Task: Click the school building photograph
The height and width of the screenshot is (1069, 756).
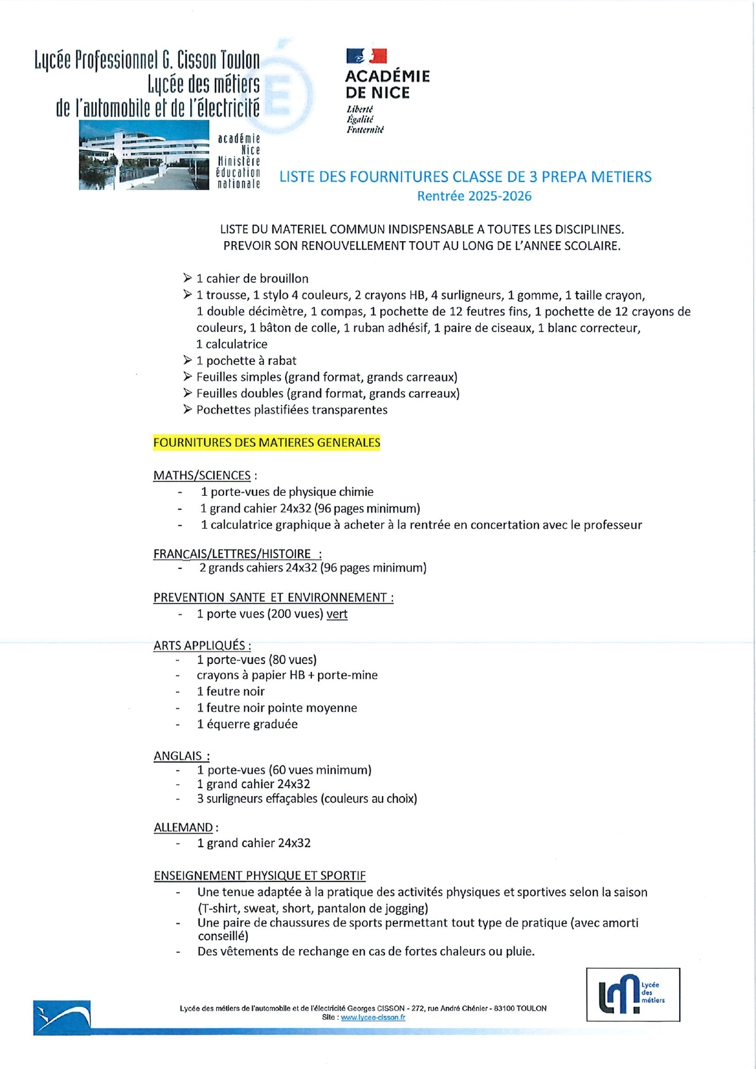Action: tap(144, 155)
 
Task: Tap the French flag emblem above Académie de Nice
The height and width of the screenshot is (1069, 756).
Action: tap(366, 56)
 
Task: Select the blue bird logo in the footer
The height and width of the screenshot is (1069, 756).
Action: tap(62, 1017)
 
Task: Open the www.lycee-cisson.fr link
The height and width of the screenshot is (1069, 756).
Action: tap(373, 1017)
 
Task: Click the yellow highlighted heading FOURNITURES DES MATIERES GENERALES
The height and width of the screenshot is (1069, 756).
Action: tap(266, 443)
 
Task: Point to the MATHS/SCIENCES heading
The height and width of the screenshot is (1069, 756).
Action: tap(202, 476)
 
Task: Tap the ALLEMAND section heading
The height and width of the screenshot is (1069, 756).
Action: tap(183, 827)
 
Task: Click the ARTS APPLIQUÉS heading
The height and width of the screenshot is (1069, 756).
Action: tap(202, 645)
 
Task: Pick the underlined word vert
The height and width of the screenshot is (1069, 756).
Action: tap(337, 614)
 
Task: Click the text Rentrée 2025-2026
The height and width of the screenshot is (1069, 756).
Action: tap(474, 196)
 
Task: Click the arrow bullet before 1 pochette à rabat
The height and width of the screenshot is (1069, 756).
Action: tap(187, 360)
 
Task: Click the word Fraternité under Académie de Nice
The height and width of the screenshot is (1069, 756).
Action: tap(365, 130)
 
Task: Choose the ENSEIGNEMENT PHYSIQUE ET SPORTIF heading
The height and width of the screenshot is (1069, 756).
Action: tap(259, 875)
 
